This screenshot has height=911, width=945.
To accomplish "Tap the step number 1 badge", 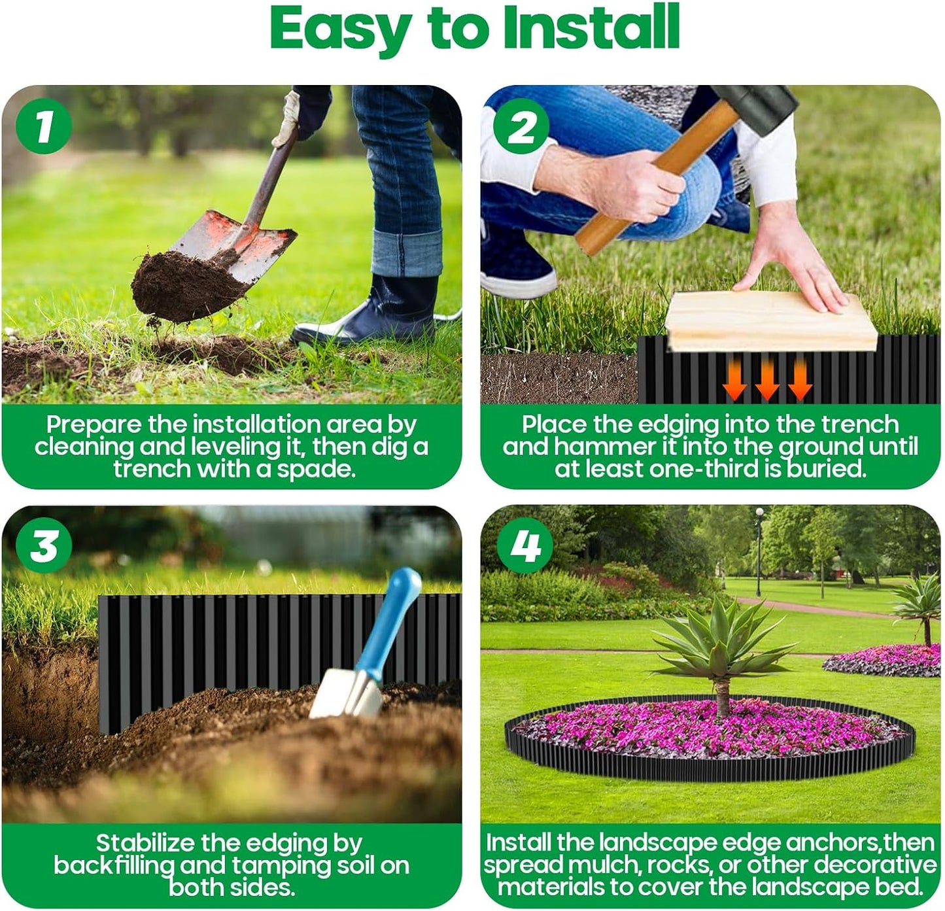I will click(44, 126).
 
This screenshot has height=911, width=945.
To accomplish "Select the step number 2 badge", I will click(521, 126).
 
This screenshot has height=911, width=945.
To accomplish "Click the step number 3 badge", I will click(44, 545).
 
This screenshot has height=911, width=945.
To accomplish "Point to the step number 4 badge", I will click(524, 545).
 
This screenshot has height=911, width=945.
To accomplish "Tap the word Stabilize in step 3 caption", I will click(145, 843).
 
